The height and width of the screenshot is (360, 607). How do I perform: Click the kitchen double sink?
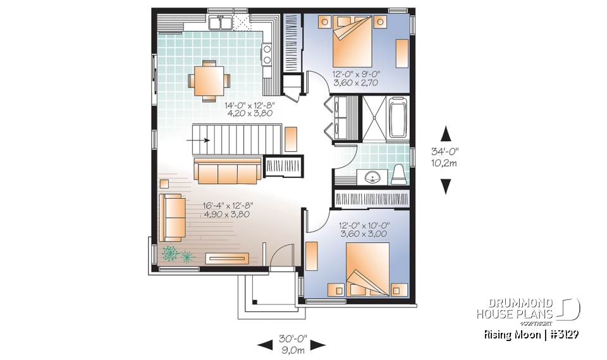pos(219,23)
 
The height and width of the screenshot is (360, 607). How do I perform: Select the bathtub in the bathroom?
pos(399,117)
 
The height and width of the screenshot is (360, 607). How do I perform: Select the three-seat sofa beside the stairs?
pos(227,170)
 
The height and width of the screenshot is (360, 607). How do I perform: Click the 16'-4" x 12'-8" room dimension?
pos(227,210)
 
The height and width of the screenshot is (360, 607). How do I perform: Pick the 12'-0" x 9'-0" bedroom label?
pos(356,78)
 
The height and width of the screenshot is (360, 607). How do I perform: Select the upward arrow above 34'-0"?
pos(446,133)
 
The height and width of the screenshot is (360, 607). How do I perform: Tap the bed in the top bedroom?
pos(355,40)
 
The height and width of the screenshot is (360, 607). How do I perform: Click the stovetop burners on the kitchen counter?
pos(267,54)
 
